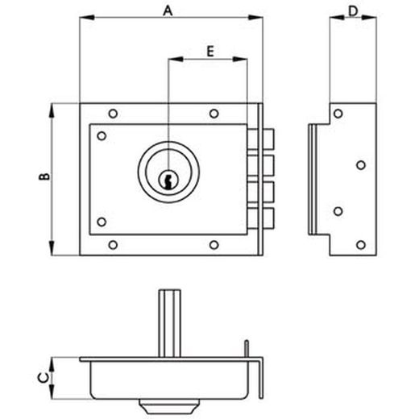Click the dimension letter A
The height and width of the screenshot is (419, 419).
(168, 11)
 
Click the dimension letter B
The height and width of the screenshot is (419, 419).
(44, 176)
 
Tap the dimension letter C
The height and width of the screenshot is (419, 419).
(44, 378)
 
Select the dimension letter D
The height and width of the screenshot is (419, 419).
(353, 11)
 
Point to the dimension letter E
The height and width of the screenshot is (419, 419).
(210, 52)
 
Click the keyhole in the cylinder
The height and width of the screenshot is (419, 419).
(168, 180)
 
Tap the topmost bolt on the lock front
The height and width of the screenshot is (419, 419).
(261, 139)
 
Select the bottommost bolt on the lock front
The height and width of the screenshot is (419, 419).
(261, 218)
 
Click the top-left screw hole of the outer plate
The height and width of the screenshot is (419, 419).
(113, 114)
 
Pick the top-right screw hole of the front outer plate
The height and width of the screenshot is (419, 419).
(214, 114)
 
